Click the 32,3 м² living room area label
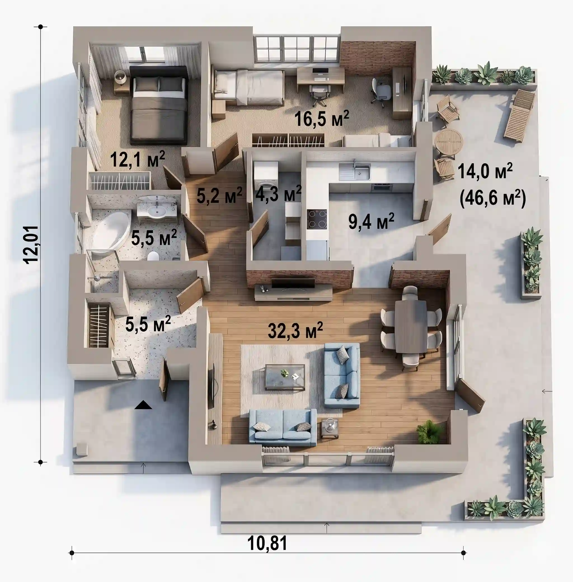295,330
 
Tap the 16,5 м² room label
321,118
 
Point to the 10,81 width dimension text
267,543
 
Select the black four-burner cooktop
317,219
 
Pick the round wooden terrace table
448,142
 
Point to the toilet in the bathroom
153,256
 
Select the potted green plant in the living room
430,431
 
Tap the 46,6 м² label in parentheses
493,198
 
